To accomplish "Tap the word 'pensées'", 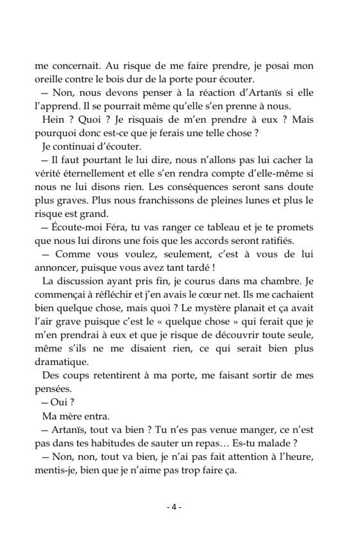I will [x=52, y=389].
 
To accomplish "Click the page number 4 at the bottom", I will [x=174, y=507].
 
